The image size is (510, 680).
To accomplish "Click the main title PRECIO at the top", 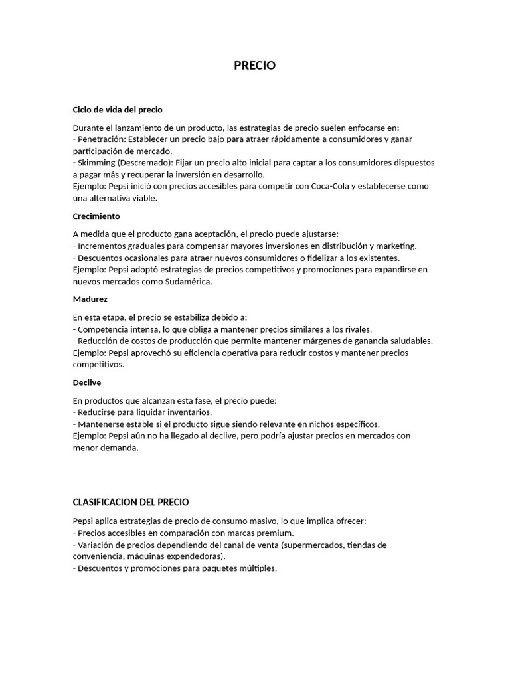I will tap(254, 66).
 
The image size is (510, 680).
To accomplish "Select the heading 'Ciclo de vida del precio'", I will tap(118, 109).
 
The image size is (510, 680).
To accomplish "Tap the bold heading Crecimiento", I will tap(96, 216).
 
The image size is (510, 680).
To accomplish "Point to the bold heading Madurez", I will tap(90, 299).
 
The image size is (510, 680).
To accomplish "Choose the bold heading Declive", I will tap(87, 382).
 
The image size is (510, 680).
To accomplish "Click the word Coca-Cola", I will tap(332, 187).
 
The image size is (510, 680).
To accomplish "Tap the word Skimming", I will tap(96, 163).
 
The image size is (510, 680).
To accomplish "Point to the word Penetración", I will tap(100, 139).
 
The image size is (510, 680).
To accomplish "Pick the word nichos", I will tap(318, 424).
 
